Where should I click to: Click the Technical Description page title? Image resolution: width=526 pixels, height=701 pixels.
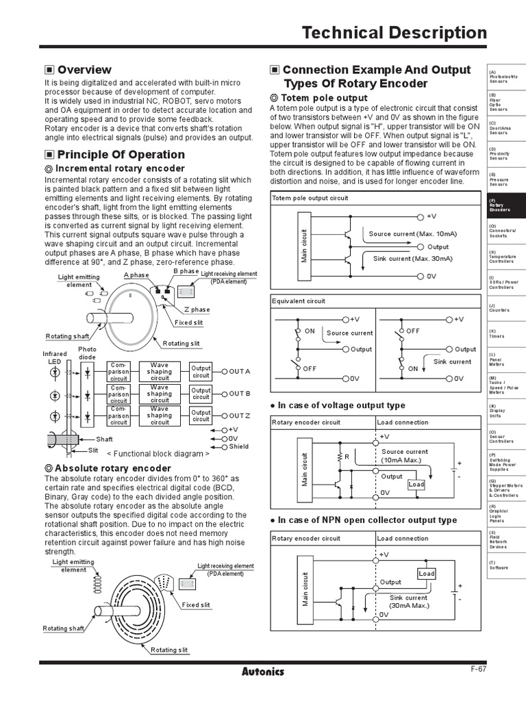pyautogui.click(x=394, y=33)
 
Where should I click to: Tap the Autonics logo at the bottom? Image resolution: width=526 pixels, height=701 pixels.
pyautogui.click(x=263, y=671)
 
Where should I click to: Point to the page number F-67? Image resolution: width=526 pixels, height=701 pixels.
pyautogui.click(x=478, y=669)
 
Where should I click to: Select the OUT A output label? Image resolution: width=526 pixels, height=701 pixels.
pyautogui.click(x=240, y=371)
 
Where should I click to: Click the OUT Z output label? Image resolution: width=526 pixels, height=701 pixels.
pyautogui.click(x=240, y=416)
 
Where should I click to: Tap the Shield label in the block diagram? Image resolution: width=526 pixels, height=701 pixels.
pyautogui.click(x=239, y=446)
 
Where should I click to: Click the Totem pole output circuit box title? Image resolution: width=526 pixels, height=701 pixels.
pyautogui.click(x=310, y=198)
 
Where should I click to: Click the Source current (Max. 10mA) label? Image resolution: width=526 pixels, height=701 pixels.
pyautogui.click(x=412, y=234)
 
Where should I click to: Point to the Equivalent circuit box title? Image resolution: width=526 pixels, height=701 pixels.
pyautogui.click(x=299, y=301)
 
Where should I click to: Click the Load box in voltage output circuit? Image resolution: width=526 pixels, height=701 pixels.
pyautogui.click(x=416, y=484)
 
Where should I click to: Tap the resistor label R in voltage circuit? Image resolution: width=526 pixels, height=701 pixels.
pyautogui.click(x=347, y=456)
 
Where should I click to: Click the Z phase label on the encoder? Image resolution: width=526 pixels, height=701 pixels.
pyautogui.click(x=197, y=309)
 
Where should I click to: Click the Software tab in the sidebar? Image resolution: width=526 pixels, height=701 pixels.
pyautogui.click(x=498, y=565)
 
